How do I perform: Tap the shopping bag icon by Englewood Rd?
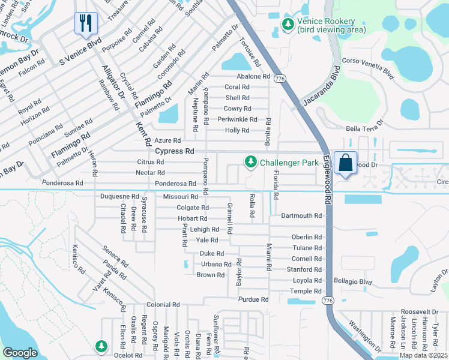click(x=346, y=163)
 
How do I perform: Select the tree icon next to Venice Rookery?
click(x=289, y=25)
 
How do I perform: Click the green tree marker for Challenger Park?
click(x=250, y=162)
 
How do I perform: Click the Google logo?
click(x=20, y=353)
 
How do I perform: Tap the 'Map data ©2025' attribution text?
click(x=423, y=355)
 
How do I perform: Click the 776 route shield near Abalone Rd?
click(x=279, y=78)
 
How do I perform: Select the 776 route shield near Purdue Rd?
click(x=327, y=299)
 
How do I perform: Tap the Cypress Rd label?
click(x=175, y=151)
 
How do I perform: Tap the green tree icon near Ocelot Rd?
click(x=101, y=346)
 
